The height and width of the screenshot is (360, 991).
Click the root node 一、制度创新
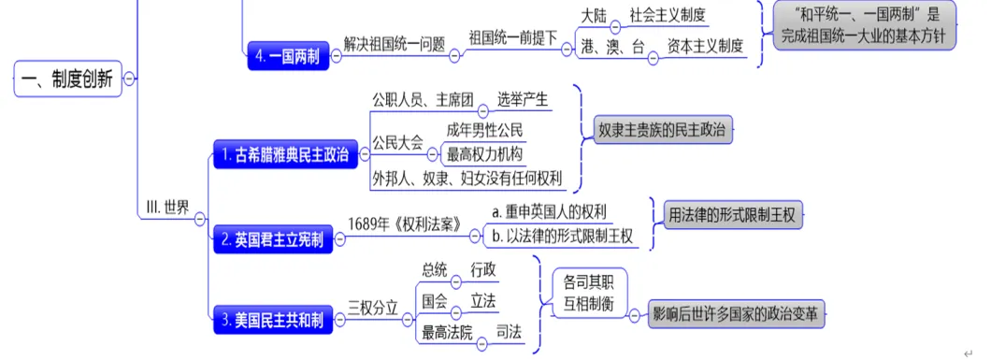[x=68, y=79]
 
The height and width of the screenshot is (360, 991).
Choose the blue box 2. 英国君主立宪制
[x=272, y=239]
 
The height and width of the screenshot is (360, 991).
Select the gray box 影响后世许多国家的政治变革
[x=739, y=314]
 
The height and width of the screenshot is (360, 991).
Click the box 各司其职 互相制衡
[x=589, y=291]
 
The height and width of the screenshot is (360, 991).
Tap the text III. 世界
[x=168, y=208]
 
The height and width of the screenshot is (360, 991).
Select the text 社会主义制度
[x=668, y=16]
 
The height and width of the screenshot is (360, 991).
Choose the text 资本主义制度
[x=705, y=45]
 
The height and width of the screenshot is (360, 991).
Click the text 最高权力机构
[x=484, y=153]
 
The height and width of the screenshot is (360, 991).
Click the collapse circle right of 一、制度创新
[x=130, y=79]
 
